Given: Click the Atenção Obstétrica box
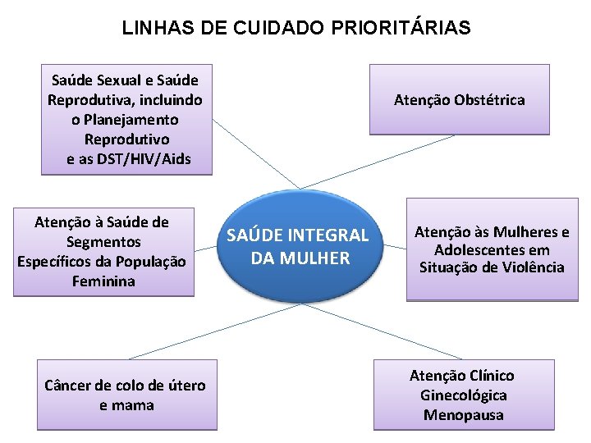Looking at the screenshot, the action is [x=459, y=99].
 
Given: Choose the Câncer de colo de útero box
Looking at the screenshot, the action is [x=126, y=395].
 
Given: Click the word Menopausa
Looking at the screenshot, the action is [x=463, y=415].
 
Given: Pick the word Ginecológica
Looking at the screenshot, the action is [x=463, y=395].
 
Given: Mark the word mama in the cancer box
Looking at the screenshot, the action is [x=135, y=405].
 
